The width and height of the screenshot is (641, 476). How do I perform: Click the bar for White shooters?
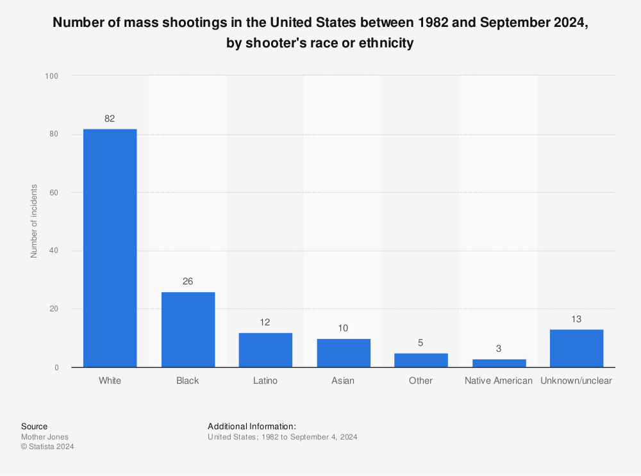(110, 248)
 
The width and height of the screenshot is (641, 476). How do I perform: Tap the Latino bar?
(265, 350)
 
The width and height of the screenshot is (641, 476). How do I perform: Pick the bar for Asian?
(344, 353)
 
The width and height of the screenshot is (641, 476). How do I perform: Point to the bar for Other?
(421, 360)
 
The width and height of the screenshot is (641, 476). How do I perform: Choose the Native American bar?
(499, 363)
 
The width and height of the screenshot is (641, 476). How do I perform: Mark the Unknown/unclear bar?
(576, 348)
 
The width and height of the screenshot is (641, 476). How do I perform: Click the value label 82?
(110, 119)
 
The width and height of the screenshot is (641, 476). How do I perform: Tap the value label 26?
(188, 281)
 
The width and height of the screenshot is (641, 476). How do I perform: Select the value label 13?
(576, 318)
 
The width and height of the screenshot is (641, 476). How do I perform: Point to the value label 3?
(499, 348)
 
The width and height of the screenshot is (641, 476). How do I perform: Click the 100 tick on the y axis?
(52, 76)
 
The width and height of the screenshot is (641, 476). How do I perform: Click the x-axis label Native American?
(499, 381)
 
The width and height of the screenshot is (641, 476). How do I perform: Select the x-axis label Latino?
(265, 381)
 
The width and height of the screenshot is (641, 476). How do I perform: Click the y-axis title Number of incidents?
(34, 221)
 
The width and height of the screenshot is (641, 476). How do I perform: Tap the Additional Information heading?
(251, 426)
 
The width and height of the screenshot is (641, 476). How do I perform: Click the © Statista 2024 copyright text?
(48, 447)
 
